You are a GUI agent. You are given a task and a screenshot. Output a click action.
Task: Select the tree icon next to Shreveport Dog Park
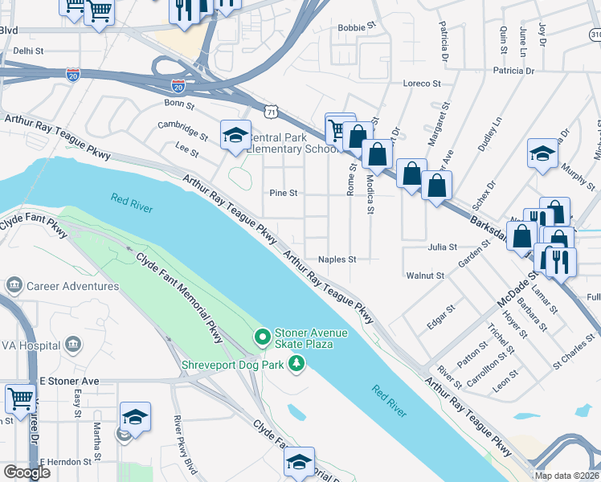(x=297, y=364)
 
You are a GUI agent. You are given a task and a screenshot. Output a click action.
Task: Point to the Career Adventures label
(x=73, y=286)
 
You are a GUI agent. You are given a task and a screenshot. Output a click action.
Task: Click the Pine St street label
(x=284, y=194)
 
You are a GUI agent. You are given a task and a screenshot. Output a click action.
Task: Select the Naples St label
(x=337, y=259)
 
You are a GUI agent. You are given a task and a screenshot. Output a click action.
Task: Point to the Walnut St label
(x=426, y=276)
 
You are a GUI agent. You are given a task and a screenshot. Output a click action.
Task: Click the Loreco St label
(x=423, y=83)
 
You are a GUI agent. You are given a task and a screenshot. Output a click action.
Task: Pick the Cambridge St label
(x=183, y=126)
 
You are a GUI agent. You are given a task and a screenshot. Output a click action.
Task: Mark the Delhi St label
(x=27, y=50)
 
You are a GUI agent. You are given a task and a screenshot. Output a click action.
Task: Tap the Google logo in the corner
(x=27, y=472)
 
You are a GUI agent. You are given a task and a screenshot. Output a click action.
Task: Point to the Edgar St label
(x=441, y=314)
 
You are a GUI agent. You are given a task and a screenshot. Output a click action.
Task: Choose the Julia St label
(x=443, y=247)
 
